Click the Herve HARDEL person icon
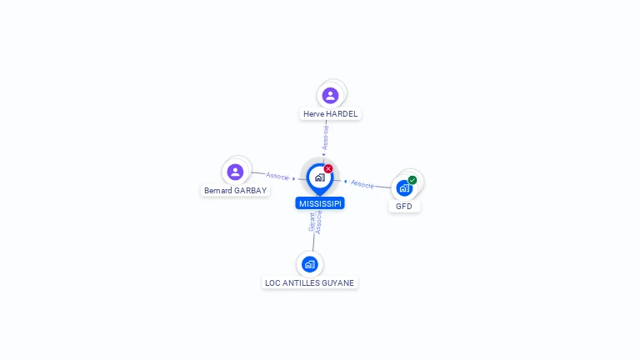click(x=330, y=96)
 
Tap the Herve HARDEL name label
click(x=330, y=114)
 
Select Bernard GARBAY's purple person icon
click(x=235, y=172)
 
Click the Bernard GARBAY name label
click(x=236, y=191)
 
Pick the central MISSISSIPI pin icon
click(x=320, y=179)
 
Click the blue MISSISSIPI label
click(x=320, y=203)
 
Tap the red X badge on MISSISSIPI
click(x=328, y=168)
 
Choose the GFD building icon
click(x=404, y=188)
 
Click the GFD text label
click(x=404, y=207)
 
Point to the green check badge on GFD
click(x=412, y=180)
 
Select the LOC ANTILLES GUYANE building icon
click(x=310, y=264)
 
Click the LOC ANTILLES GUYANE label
click(x=310, y=282)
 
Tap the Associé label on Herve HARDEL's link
click(x=325, y=137)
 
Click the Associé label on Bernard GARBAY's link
click(x=277, y=177)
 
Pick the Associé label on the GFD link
click(x=362, y=184)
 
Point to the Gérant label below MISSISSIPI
click(x=312, y=222)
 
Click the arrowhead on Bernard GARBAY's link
click(x=294, y=179)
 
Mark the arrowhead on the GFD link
click(x=345, y=182)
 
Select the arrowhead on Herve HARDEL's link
click(x=324, y=155)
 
